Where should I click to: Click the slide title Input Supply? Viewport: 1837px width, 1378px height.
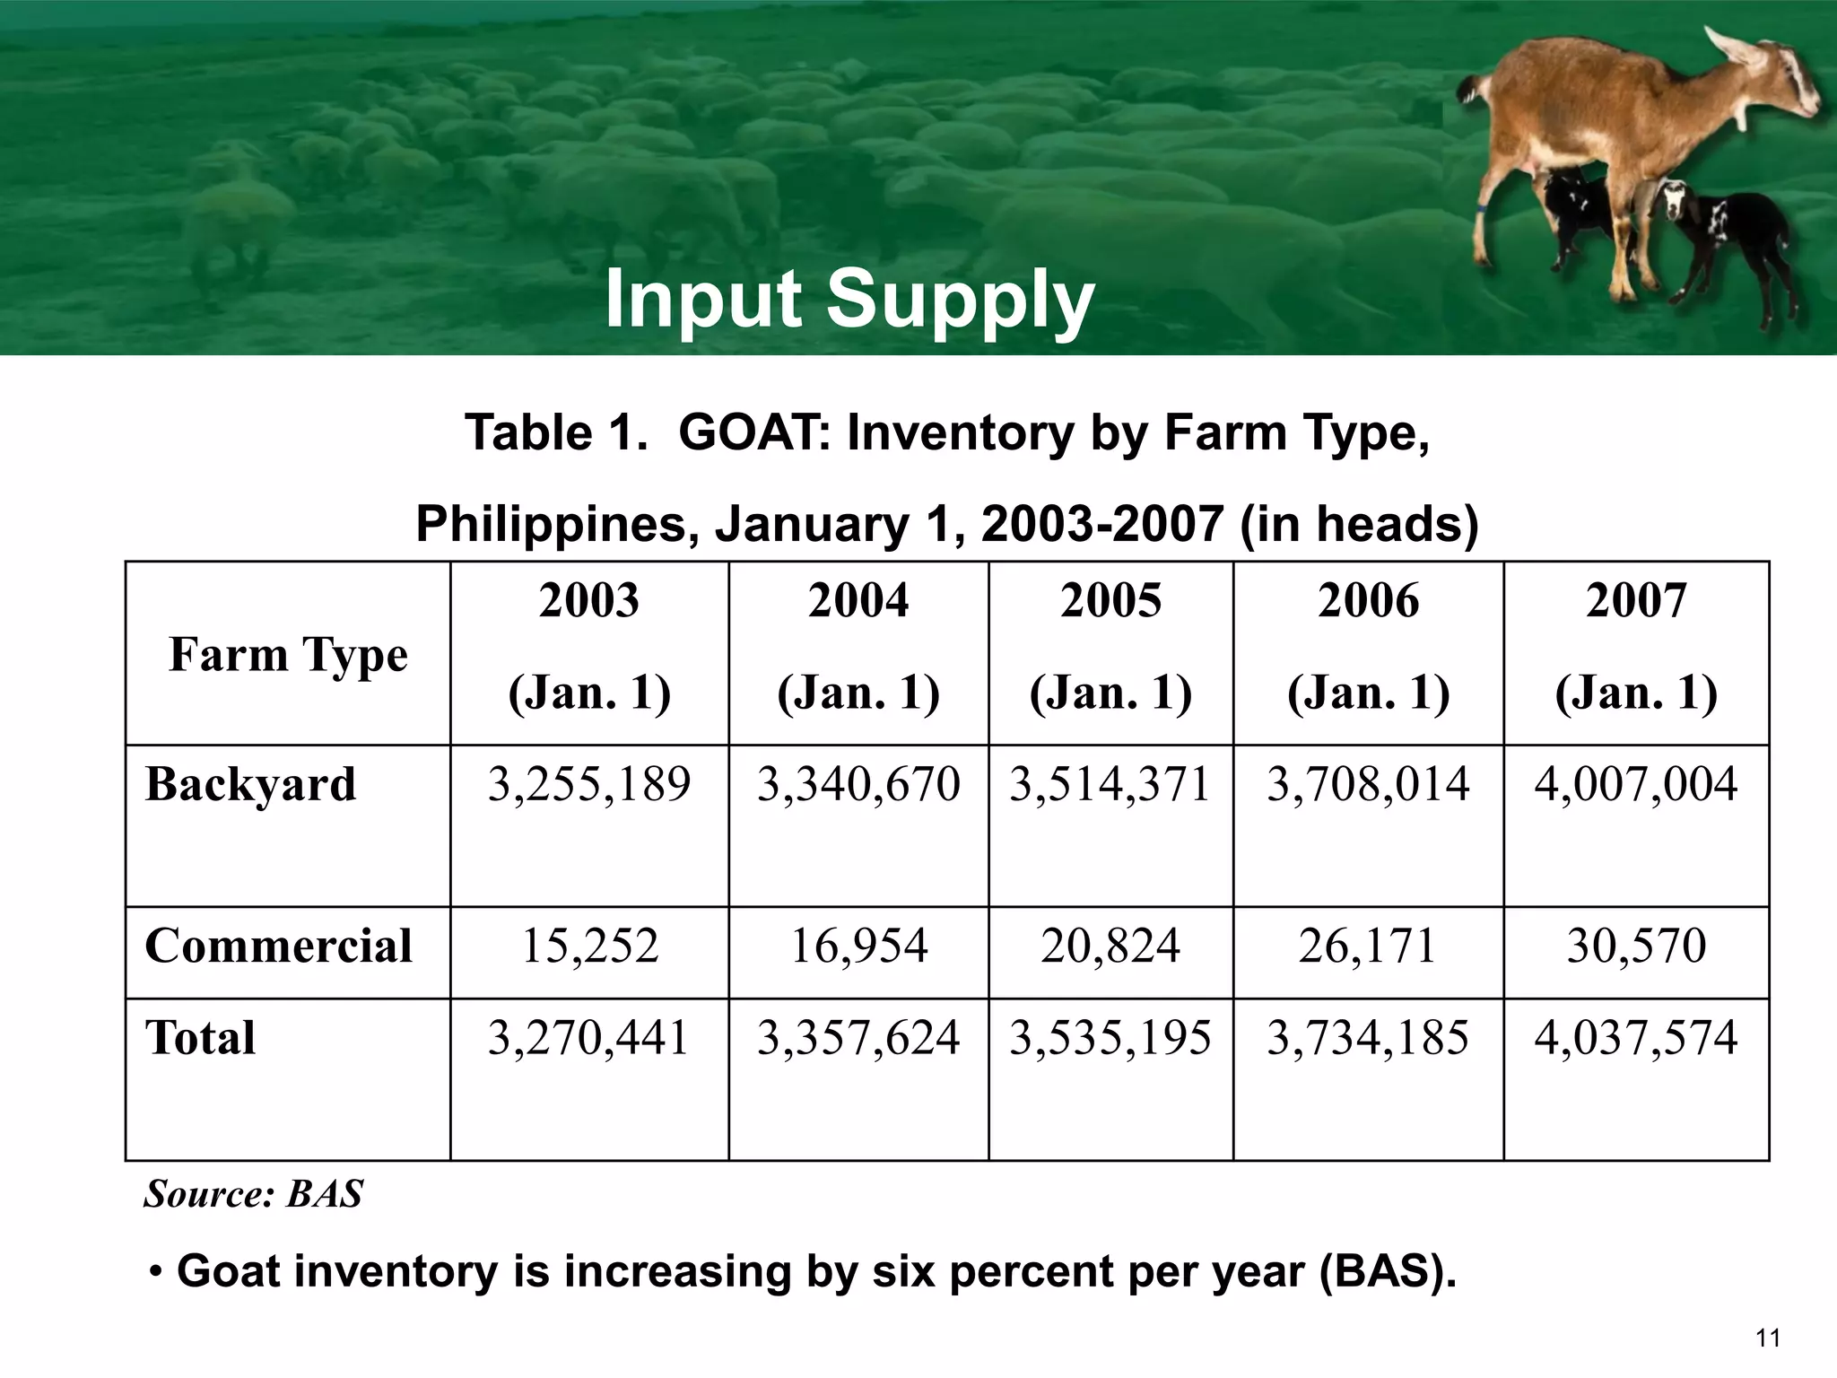pos(849,300)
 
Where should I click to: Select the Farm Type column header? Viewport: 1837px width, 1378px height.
pos(288,654)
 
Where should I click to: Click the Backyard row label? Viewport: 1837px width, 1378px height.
pos(250,784)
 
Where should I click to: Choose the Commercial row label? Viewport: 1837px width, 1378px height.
pos(278,946)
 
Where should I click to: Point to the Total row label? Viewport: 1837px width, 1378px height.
pos(200,1038)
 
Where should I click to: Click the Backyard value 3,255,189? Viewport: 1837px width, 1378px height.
pos(589,784)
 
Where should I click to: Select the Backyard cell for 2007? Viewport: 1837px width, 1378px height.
pos(1635,784)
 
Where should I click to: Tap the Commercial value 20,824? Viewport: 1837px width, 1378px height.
pos(1110,946)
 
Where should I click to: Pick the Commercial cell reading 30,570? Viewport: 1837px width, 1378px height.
pos(1636,946)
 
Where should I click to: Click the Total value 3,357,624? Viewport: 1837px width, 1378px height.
pos(858,1038)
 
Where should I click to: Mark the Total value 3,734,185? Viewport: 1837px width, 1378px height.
pos(1368,1038)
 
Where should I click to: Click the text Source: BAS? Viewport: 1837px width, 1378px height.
pos(254,1194)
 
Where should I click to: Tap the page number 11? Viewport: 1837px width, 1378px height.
pos(1767,1339)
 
